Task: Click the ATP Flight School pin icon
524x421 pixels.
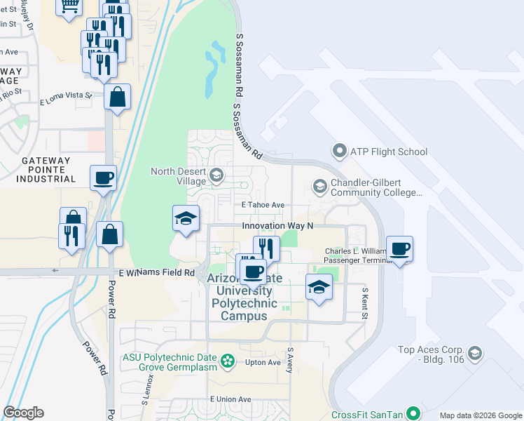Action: pyautogui.click(x=340, y=151)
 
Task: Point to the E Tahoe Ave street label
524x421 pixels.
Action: pyautogui.click(x=263, y=205)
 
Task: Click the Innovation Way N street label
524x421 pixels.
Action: pyautogui.click(x=277, y=225)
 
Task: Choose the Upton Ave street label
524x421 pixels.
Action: pyautogui.click(x=263, y=362)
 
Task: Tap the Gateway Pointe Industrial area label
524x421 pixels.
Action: pyautogui.click(x=46, y=170)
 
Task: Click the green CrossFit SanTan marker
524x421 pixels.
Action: pyautogui.click(x=413, y=414)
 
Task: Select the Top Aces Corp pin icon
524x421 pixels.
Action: pyautogui.click(x=476, y=353)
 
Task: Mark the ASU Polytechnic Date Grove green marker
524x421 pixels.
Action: pyautogui.click(x=227, y=361)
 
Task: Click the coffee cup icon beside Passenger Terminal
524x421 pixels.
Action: pyautogui.click(x=399, y=249)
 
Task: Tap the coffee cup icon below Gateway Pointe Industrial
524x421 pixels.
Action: pyautogui.click(x=103, y=178)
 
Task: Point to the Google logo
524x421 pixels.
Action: pyautogui.click(x=24, y=413)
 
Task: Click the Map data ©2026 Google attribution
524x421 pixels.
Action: pyautogui.click(x=480, y=415)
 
